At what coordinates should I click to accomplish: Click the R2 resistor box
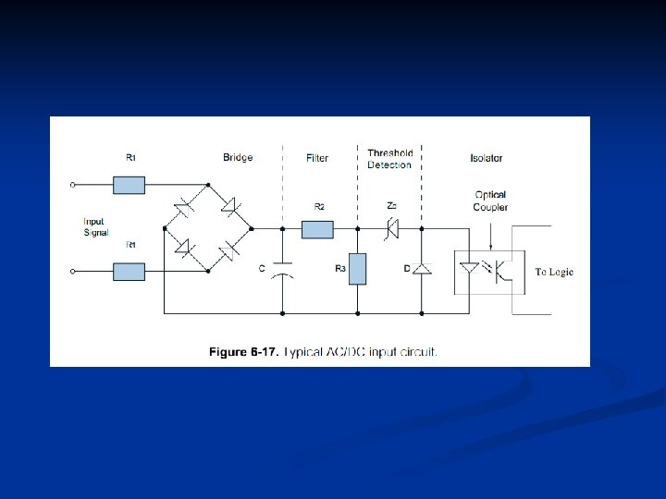(x=317, y=227)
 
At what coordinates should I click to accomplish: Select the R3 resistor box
(x=357, y=268)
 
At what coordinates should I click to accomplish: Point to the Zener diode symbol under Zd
(x=392, y=227)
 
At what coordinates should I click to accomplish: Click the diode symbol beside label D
(x=422, y=269)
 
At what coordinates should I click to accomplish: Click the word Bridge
(x=238, y=158)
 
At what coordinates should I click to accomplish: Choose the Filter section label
(x=317, y=158)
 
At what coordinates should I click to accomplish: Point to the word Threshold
(x=389, y=153)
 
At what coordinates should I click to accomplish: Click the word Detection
(x=389, y=164)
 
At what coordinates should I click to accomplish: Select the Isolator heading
(x=486, y=158)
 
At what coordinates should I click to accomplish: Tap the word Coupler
(x=490, y=207)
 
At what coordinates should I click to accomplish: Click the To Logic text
(x=554, y=272)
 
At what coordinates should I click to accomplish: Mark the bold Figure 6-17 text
(x=242, y=352)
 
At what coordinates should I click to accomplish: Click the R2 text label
(x=319, y=207)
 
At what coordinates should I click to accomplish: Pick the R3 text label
(x=339, y=268)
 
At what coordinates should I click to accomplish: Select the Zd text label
(x=392, y=205)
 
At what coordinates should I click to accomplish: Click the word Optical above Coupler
(x=490, y=195)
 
